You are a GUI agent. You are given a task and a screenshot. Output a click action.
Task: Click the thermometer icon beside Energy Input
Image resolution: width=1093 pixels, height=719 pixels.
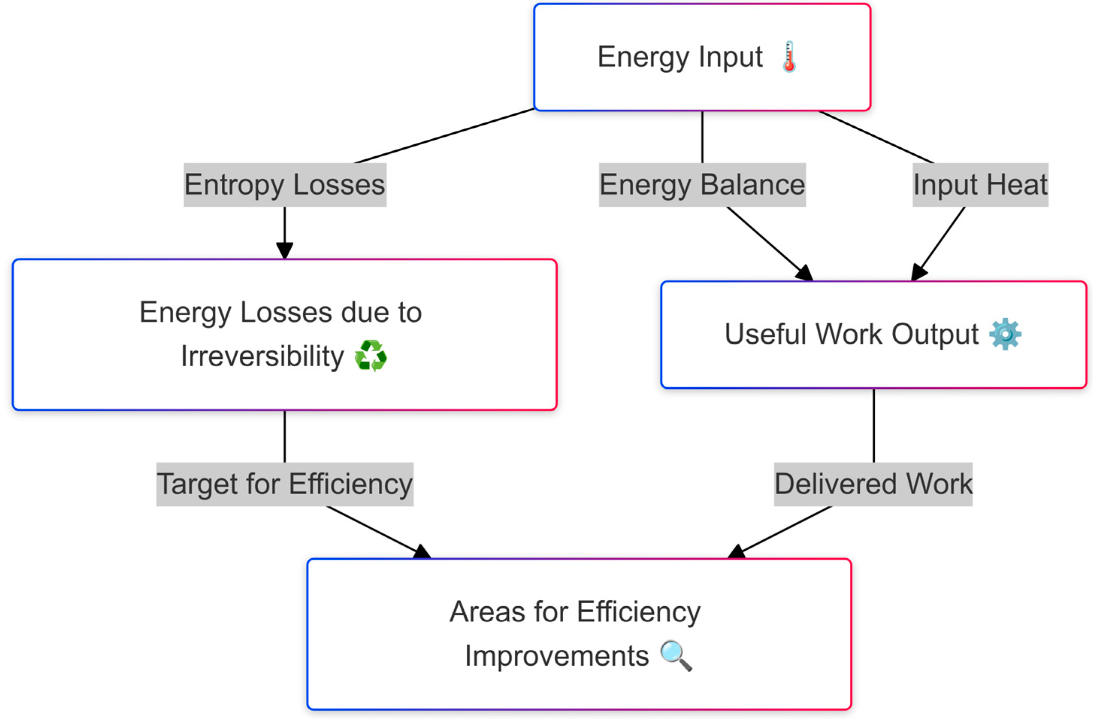[789, 57]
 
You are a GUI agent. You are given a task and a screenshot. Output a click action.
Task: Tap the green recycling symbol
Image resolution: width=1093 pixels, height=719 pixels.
[370, 356]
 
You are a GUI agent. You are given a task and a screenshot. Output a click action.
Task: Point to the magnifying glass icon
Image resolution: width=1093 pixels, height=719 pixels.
[676, 656]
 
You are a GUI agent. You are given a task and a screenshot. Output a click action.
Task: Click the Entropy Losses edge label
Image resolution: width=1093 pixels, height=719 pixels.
[285, 184]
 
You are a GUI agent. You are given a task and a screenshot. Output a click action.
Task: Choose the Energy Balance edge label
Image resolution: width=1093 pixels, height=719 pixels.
[702, 184]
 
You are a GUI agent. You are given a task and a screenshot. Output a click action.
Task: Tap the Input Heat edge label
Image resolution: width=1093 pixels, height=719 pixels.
[980, 184]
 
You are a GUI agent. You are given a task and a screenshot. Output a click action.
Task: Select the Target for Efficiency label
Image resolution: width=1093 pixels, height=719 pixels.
[285, 484]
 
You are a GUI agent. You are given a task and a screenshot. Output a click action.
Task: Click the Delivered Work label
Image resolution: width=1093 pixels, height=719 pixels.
[873, 484]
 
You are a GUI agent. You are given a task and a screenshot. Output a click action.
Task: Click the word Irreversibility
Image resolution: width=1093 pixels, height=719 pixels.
[262, 356]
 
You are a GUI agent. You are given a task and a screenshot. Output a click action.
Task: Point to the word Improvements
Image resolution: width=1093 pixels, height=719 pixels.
[556, 656]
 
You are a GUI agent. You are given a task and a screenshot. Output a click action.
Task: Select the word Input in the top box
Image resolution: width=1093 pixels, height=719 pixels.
[730, 57]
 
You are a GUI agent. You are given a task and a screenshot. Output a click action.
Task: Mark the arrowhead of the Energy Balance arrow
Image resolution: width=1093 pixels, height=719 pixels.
[804, 273]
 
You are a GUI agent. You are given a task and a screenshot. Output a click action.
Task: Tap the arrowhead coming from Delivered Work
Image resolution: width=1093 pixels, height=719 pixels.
[737, 552]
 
